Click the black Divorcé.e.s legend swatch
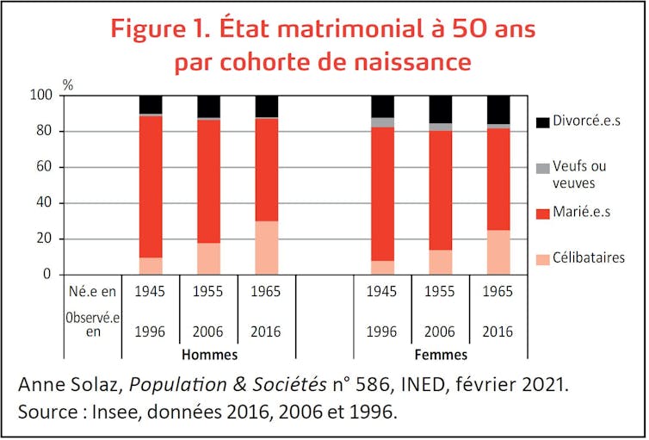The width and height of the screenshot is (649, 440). (x=542, y=122)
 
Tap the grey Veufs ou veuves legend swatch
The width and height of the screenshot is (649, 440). (x=542, y=167)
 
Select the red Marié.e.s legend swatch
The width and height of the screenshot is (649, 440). (x=542, y=212)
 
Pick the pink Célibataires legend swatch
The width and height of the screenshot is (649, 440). (x=542, y=258)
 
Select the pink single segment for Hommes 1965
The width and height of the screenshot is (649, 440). (x=267, y=248)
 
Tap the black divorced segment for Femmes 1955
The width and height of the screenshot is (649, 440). (x=441, y=108)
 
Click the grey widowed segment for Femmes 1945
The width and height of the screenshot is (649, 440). (x=382, y=122)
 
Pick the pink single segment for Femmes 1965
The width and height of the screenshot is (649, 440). (x=498, y=252)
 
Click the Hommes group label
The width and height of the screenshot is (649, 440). (x=209, y=354)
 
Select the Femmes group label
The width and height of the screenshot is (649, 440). (x=441, y=354)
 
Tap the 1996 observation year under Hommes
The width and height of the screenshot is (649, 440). (x=151, y=332)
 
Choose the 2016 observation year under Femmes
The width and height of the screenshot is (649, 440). (x=498, y=332)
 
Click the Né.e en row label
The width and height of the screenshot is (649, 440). (x=92, y=291)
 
